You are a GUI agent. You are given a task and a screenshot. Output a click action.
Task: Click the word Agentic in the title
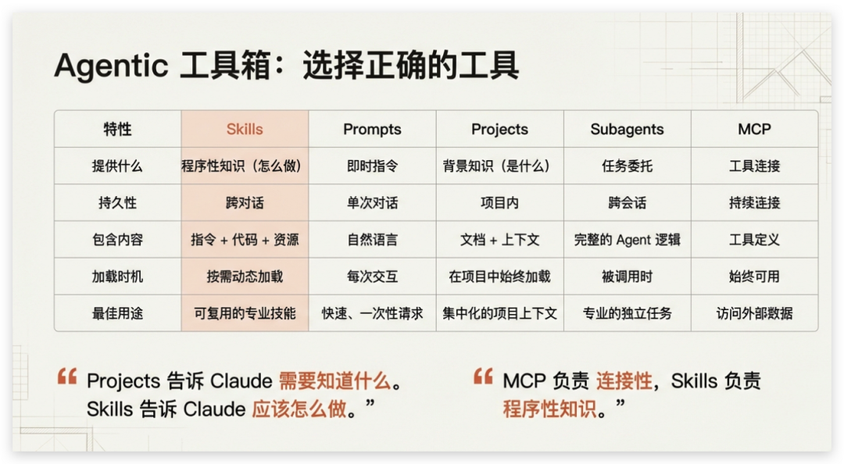click(x=110, y=66)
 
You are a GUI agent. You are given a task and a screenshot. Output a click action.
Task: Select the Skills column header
click(x=245, y=129)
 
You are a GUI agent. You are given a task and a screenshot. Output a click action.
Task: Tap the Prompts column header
click(x=372, y=129)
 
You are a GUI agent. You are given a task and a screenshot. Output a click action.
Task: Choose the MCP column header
click(x=754, y=129)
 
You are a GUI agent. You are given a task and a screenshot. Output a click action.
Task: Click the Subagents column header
click(x=627, y=129)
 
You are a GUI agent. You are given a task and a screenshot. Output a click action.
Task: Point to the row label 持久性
click(x=117, y=202)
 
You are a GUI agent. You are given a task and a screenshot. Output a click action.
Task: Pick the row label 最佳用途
click(x=117, y=313)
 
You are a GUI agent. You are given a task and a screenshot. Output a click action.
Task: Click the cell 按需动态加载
click(x=245, y=277)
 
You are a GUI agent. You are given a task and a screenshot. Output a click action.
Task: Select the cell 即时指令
click(x=372, y=166)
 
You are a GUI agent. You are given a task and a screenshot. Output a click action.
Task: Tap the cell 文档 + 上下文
click(x=499, y=240)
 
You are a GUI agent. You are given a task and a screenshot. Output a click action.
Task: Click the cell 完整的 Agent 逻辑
click(x=627, y=240)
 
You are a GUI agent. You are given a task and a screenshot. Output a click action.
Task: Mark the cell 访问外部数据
click(x=754, y=313)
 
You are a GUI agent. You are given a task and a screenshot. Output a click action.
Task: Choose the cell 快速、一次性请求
click(x=372, y=313)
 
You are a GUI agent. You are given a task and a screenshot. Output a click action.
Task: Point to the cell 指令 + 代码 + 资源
click(x=245, y=240)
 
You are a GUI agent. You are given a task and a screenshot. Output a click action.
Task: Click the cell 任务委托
click(x=627, y=166)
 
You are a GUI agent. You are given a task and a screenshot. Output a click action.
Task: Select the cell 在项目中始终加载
click(x=499, y=277)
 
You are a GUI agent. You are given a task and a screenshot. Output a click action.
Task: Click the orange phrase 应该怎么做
click(x=299, y=409)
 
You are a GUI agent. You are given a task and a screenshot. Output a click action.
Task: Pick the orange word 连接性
click(x=624, y=381)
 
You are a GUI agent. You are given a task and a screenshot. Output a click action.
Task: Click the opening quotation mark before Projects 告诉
click(x=67, y=377)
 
